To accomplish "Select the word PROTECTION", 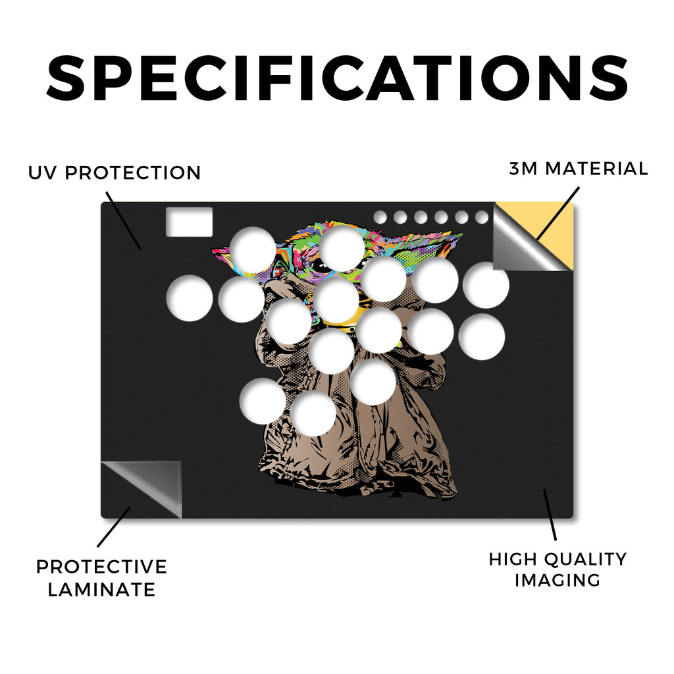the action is (x=133, y=173).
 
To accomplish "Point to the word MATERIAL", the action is (x=596, y=168).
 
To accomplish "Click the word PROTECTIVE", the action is (x=101, y=567).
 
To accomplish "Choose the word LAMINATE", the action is (x=101, y=590).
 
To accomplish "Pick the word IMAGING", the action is (x=557, y=581).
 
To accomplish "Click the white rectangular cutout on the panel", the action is (x=189, y=222).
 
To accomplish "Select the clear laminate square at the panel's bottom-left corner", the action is (x=141, y=490).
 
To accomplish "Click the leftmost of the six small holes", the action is (x=380, y=217).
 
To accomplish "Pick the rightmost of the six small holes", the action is (x=482, y=217).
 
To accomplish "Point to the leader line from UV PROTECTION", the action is (x=123, y=221).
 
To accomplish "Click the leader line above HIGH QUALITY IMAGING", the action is (x=550, y=515).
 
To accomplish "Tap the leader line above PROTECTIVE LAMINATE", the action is (x=113, y=527).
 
